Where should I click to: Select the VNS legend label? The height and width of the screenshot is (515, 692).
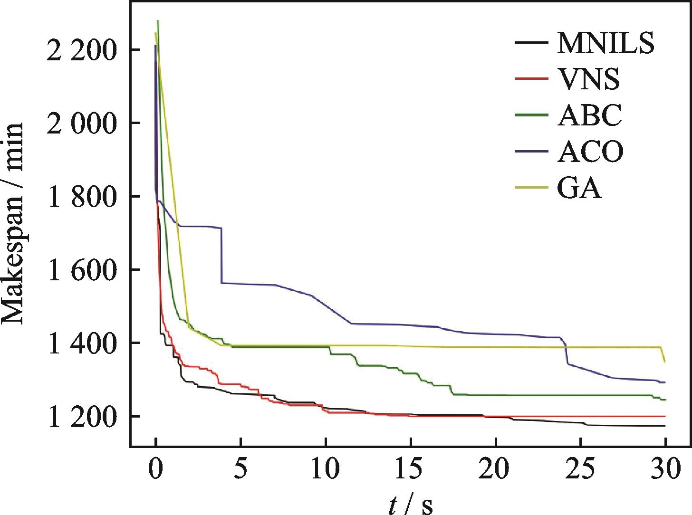pyautogui.click(x=588, y=79)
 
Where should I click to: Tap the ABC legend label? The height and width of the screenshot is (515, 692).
pyautogui.click(x=589, y=115)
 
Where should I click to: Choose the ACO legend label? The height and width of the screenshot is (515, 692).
pyautogui.click(x=590, y=152)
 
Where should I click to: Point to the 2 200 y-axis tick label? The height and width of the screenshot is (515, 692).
pyautogui.click(x=81, y=50)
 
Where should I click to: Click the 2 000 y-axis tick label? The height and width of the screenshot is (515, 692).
pyautogui.click(x=81, y=123)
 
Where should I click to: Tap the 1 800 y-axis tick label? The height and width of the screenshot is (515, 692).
pyautogui.click(x=81, y=196)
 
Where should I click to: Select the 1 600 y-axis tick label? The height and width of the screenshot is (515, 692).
pyautogui.click(x=81, y=269)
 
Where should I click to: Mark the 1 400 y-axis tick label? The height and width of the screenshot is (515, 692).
pyautogui.click(x=81, y=343)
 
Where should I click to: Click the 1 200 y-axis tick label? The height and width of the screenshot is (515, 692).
pyautogui.click(x=81, y=416)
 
